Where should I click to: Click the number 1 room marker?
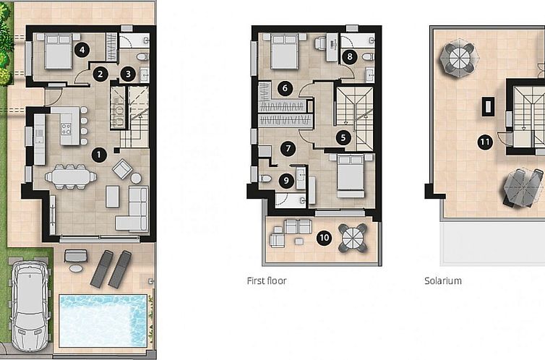pyautogui.click(x=100, y=154)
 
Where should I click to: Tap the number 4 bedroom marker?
pyautogui.click(x=83, y=49)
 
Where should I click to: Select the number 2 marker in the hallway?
pyautogui.click(x=101, y=73)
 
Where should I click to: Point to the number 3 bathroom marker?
pyautogui.click(x=127, y=73)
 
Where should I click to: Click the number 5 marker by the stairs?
pyautogui.click(x=343, y=135)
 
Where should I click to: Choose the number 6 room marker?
pyautogui.click(x=285, y=88)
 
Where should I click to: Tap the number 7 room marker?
pyautogui.click(x=288, y=149)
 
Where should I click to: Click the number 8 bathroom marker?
pyautogui.click(x=351, y=55)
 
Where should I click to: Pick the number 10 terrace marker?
pyautogui.click(x=325, y=236)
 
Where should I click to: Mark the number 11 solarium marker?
pyautogui.click(x=485, y=142)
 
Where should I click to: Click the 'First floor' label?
pyautogui.click(x=267, y=280)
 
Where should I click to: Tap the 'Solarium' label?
pyautogui.click(x=442, y=280)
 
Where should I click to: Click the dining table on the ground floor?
pyautogui.click(x=70, y=176)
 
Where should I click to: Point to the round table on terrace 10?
pyautogui.click(x=353, y=236)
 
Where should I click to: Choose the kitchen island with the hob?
pyautogui.click(x=67, y=127)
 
